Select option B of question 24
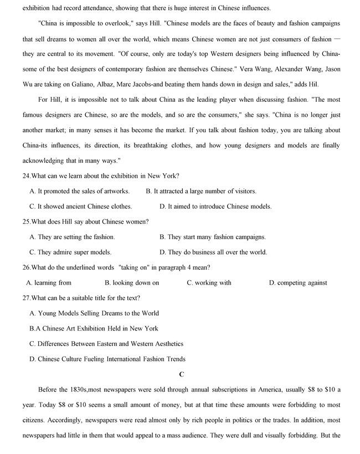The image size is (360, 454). tap(201, 191)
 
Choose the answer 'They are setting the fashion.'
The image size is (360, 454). tap(72, 237)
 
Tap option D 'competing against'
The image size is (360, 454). tap(298, 283)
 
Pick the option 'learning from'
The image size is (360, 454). tap(49, 283)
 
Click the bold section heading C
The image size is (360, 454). tap(182, 374)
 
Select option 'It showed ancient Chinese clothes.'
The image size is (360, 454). tap(80, 207)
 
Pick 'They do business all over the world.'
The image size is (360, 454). tap(213, 252)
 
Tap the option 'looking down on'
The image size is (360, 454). tap(132, 283)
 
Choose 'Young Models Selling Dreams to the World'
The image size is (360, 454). tap(94, 313)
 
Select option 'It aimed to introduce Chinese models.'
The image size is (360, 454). tap(215, 207)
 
